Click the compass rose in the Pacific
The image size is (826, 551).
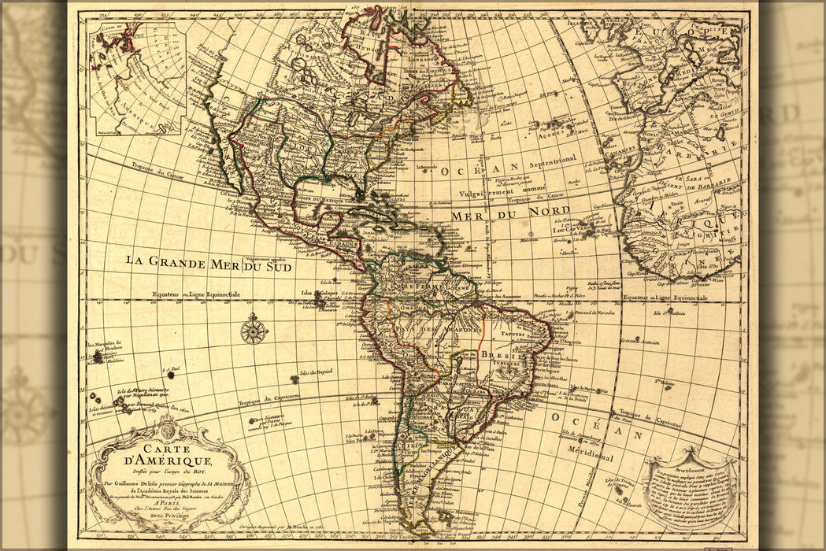click(254, 330)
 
